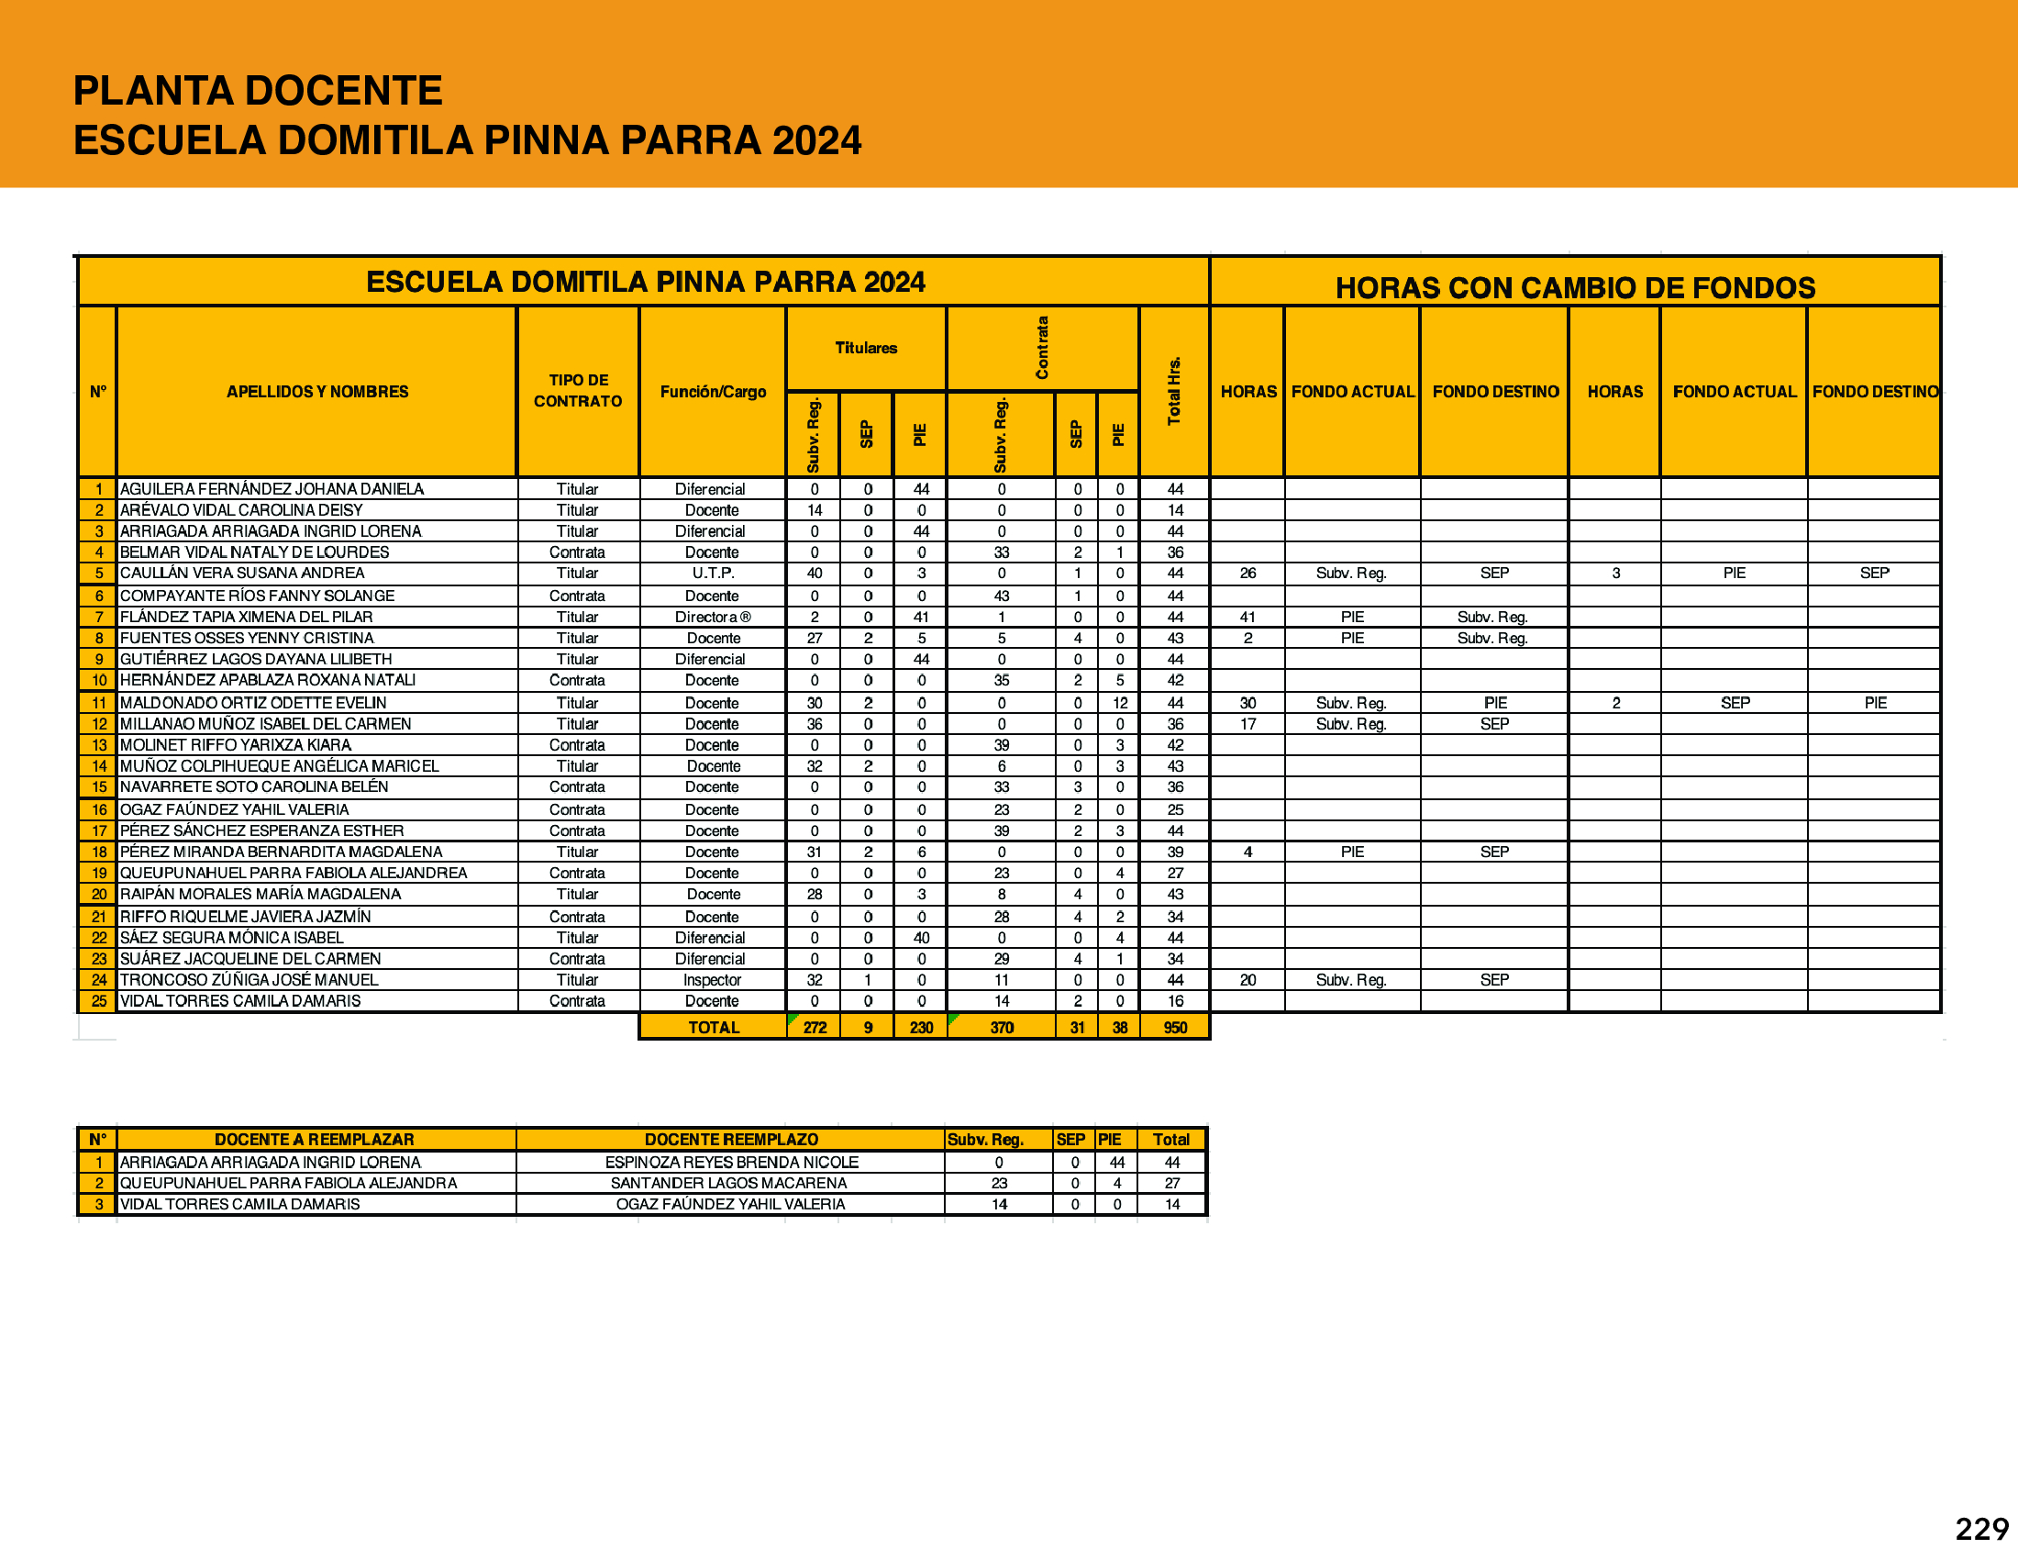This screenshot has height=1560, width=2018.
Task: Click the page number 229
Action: [x=1981, y=1529]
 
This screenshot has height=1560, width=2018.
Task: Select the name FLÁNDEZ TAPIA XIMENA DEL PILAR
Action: [x=247, y=617]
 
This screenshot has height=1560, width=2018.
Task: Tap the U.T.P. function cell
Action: [x=713, y=573]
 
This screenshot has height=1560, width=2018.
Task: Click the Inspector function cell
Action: [x=712, y=980]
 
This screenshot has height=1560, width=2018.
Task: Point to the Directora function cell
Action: [x=712, y=617]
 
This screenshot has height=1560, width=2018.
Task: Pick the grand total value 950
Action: [x=1174, y=1027]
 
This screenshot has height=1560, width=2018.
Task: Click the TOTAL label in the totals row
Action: [x=714, y=1027]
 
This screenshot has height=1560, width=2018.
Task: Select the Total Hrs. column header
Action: [x=1174, y=391]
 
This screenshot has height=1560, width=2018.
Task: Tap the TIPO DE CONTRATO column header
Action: [x=578, y=391]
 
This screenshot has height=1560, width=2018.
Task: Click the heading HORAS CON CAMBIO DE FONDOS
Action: [x=1574, y=287]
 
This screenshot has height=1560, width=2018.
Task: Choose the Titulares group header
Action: [x=866, y=348]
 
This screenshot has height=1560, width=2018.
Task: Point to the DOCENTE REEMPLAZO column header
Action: [x=731, y=1140]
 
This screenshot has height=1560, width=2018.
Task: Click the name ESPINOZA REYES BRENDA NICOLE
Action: [x=731, y=1162]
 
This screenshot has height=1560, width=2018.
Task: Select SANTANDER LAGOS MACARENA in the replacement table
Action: [x=728, y=1183]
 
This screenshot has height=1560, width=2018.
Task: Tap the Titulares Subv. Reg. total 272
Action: [x=814, y=1027]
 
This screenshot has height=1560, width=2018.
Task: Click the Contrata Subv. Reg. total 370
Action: [x=1002, y=1027]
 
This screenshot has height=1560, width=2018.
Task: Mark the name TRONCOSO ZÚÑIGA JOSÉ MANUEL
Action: [x=249, y=980]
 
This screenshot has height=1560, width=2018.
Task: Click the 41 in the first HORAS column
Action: [x=1247, y=617]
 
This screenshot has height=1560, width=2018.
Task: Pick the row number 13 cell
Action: [x=99, y=745]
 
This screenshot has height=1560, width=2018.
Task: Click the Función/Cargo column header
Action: [x=713, y=392]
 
